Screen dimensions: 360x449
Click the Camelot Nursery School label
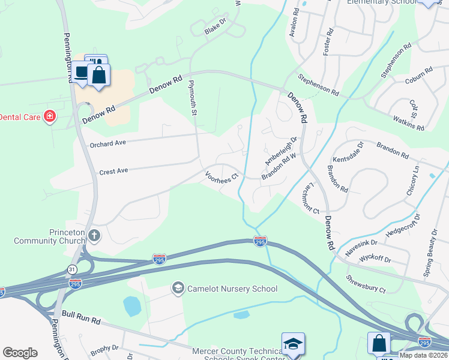(232, 289)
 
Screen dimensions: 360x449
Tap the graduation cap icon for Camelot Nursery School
(178, 289)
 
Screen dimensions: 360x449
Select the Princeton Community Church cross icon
(93, 235)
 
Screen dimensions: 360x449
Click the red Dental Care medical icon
(50, 116)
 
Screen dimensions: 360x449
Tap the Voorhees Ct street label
(222, 176)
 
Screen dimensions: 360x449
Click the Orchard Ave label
(107, 143)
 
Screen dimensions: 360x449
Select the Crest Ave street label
(114, 171)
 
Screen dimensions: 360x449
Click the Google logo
(20, 352)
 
